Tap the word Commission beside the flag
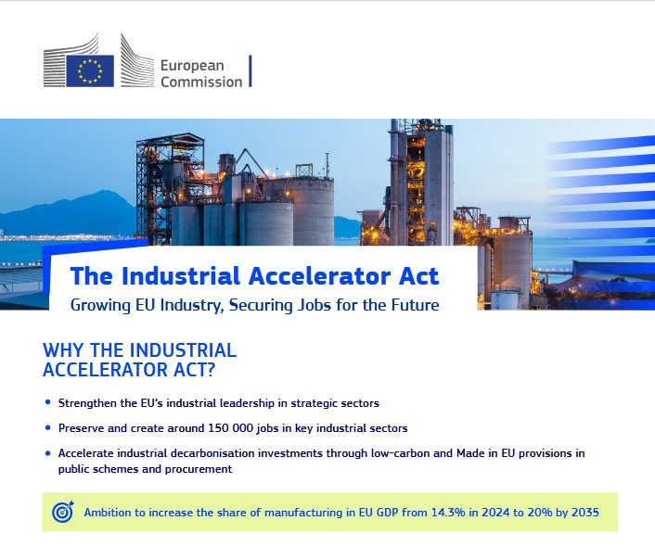[x=201, y=82]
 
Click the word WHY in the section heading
[x=65, y=351]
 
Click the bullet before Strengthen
[x=47, y=404]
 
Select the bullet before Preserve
[x=47, y=429]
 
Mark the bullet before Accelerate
[x=47, y=453]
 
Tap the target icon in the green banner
[x=63, y=512]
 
